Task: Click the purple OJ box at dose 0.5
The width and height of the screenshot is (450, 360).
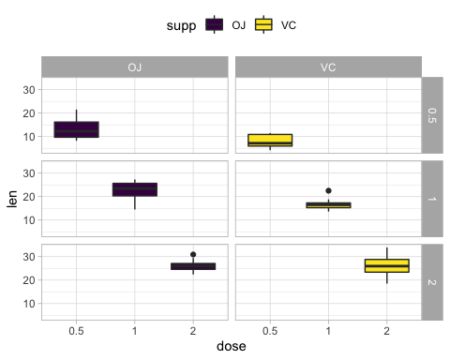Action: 76,129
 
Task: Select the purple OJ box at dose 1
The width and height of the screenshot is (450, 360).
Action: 135,189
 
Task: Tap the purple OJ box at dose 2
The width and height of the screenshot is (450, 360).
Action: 193,266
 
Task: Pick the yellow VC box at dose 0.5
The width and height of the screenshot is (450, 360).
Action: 270,140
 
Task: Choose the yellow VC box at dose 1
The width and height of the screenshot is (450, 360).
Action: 328,204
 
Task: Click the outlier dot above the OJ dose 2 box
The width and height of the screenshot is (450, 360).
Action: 193,254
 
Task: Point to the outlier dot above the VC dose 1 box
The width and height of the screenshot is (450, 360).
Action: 328,191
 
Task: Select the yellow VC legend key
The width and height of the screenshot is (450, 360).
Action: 264,25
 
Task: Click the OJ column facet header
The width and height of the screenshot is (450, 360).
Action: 135,67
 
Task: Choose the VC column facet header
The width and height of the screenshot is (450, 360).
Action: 328,67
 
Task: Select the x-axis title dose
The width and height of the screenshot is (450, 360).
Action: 232,347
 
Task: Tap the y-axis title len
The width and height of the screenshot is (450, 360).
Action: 13,199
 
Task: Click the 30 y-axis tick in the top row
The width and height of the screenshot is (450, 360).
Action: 29,90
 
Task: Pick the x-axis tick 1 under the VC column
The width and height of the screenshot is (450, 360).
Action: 328,330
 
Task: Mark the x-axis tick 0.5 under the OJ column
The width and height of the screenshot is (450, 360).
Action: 76,330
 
